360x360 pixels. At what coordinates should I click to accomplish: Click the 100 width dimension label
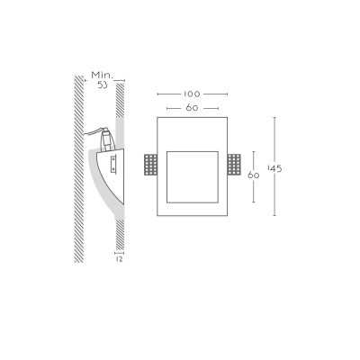[192, 94]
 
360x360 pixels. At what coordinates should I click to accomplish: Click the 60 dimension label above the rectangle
[192, 108]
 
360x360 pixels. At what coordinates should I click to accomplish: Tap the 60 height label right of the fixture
[254, 175]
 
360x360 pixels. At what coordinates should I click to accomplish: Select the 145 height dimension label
[274, 169]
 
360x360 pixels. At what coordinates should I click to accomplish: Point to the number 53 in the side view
[103, 85]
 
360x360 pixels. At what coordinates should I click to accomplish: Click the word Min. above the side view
[103, 75]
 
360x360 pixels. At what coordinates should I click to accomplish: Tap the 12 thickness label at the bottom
[119, 259]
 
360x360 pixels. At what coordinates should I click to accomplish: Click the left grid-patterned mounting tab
[150, 165]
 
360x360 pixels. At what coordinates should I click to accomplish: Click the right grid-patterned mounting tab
[234, 165]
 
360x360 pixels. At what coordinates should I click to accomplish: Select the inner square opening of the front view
[193, 177]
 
